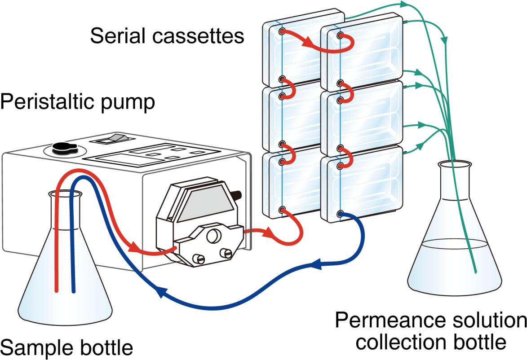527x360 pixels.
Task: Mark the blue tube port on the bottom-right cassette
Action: (x=341, y=214)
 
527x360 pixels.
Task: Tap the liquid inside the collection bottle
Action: (x=454, y=265)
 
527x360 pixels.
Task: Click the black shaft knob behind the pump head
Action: (x=237, y=195)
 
